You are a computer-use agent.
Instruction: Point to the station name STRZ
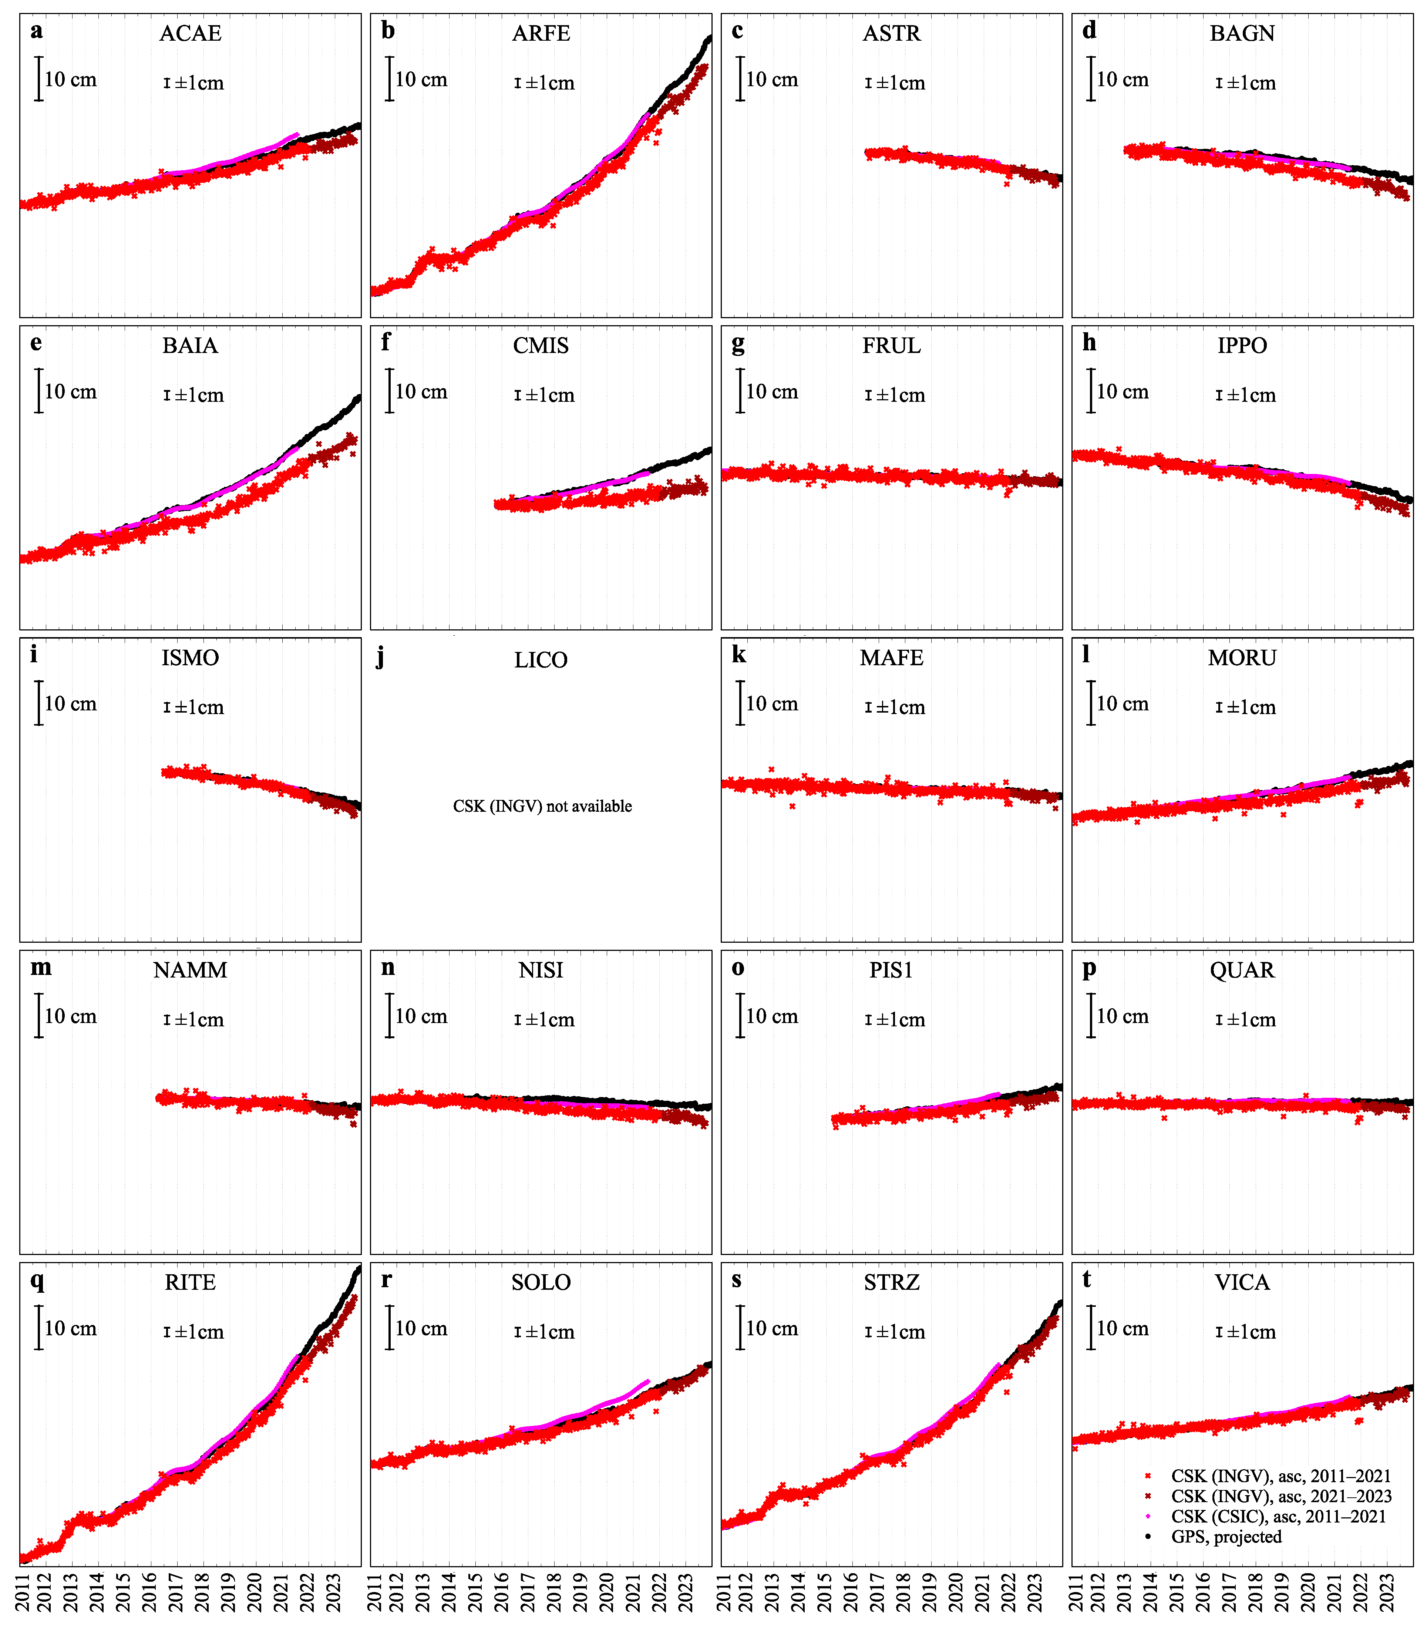[x=891, y=1282]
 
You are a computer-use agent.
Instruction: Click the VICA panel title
[x=1242, y=1282]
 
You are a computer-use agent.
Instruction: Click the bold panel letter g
[x=738, y=343]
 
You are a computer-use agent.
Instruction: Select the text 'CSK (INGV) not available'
[x=542, y=806]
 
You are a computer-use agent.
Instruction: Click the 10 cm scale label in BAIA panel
[x=71, y=392]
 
